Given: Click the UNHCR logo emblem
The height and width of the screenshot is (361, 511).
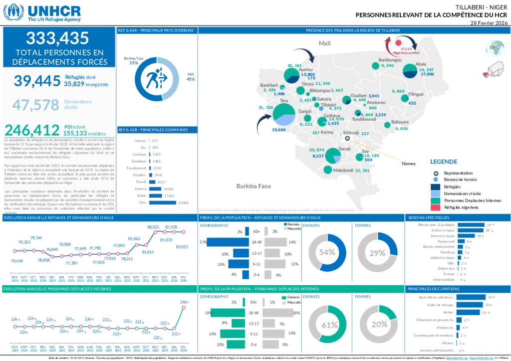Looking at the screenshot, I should point(13,12).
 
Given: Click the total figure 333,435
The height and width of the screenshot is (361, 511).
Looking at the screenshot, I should point(57,38).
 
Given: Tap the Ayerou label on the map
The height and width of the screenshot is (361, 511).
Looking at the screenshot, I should point(305,69).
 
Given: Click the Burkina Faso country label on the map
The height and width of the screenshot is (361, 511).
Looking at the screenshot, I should point(254,186).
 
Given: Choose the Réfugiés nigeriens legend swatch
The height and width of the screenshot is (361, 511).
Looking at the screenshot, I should point(436,207).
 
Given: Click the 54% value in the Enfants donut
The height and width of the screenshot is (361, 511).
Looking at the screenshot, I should point(327,252).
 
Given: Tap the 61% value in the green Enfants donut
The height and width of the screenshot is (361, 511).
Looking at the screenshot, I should point(329,325).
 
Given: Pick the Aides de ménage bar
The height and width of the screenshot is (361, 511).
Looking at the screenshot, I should point(470,305).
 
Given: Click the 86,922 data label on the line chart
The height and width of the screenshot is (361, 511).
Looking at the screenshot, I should point(153,227).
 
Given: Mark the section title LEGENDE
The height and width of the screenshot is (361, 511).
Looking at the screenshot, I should point(443,162).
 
